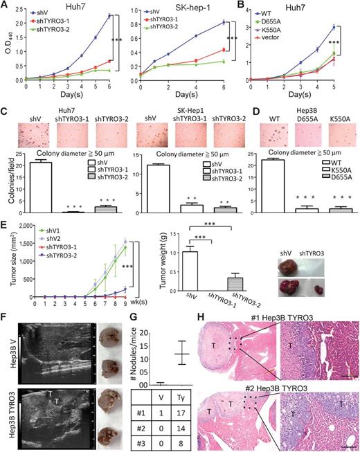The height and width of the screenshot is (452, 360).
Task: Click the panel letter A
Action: point(6,6)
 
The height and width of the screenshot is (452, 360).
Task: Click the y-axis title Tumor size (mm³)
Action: point(6,260)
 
